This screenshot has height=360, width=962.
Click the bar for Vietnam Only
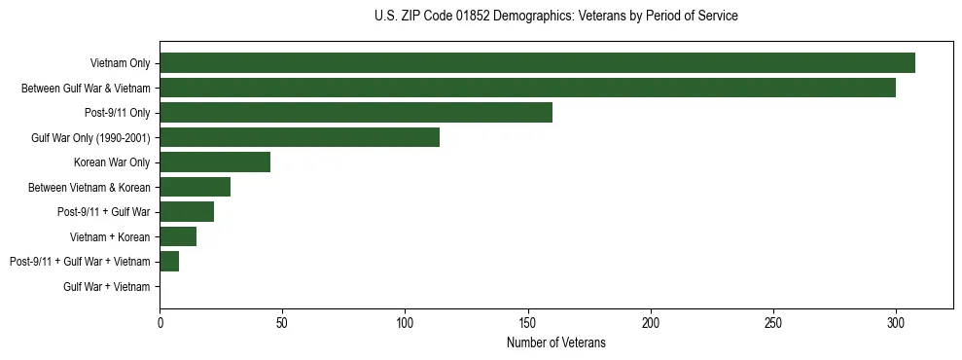tap(537, 63)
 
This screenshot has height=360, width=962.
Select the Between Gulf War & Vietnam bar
tap(527, 88)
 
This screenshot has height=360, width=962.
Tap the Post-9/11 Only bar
tap(356, 113)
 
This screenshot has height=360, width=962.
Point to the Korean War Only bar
tap(215, 162)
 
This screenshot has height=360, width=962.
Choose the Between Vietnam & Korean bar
tap(195, 187)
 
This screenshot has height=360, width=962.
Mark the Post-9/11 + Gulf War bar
tap(187, 212)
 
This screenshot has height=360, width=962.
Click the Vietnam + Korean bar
tap(178, 236)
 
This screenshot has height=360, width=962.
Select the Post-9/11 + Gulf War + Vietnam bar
tap(169, 262)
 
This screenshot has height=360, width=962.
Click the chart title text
tap(555, 17)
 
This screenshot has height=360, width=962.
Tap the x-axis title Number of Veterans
tap(555, 342)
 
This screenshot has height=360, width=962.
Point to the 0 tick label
tap(160, 322)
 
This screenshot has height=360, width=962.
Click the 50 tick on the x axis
tap(282, 322)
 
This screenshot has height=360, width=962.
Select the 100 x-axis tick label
tap(405, 322)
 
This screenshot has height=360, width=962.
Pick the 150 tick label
tap(527, 322)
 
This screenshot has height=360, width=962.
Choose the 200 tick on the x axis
tap(651, 322)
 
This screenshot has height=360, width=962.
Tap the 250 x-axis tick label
tap(773, 322)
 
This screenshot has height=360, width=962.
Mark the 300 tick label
tap(896, 322)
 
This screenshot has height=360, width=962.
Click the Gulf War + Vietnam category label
tap(107, 287)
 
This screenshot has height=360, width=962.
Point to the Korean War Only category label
tap(112, 162)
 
